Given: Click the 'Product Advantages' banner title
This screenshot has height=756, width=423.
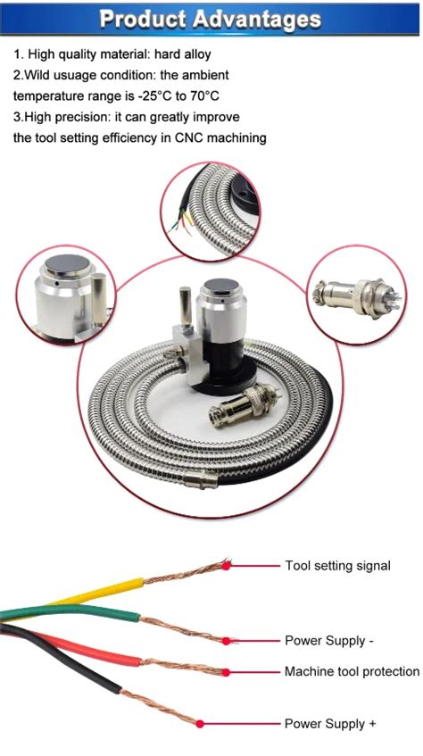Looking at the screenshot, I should [211, 18].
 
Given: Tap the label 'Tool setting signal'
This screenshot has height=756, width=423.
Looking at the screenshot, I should [337, 566].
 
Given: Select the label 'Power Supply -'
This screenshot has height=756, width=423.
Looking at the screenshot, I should [324, 641].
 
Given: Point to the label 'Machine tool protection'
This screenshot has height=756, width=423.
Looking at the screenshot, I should [352, 671].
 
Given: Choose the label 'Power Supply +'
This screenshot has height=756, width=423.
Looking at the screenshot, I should [324, 724].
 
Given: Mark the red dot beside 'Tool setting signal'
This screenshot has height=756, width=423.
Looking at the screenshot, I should [228, 565].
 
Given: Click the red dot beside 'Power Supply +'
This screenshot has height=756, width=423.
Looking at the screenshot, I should [202, 724].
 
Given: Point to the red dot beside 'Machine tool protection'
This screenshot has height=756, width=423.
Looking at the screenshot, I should [227, 671].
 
